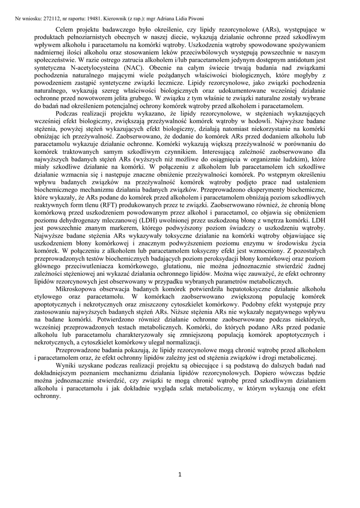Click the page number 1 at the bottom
pos(180,475)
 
